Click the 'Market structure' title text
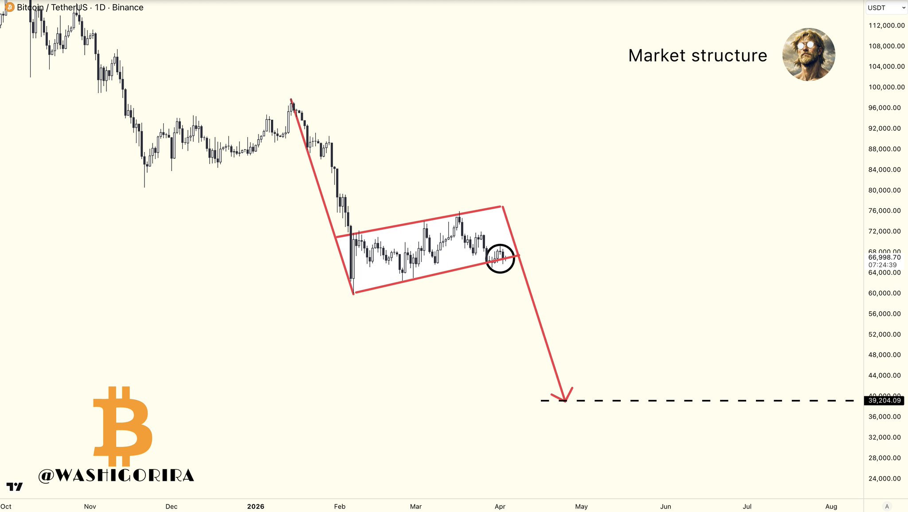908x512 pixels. click(x=697, y=56)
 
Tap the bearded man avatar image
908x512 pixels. click(x=809, y=55)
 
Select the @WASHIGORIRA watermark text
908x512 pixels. click(x=116, y=476)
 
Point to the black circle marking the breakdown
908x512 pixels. click(x=500, y=258)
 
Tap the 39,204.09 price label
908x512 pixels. click(x=884, y=401)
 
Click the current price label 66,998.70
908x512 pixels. click(x=884, y=258)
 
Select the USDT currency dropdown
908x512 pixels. click(x=886, y=8)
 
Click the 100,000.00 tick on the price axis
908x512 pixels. click(x=886, y=87)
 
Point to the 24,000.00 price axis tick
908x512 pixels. click(x=884, y=479)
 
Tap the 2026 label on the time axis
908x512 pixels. click(x=255, y=507)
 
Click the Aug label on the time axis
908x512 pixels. click(x=831, y=507)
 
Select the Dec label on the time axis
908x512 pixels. click(x=171, y=507)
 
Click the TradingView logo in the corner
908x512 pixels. click(x=15, y=487)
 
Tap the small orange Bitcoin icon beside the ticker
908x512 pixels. click(x=9, y=7)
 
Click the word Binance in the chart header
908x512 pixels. click(x=128, y=8)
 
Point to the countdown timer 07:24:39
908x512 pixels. click(x=882, y=265)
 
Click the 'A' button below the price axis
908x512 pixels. click(x=887, y=506)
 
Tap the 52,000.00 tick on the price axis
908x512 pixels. click(x=884, y=334)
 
